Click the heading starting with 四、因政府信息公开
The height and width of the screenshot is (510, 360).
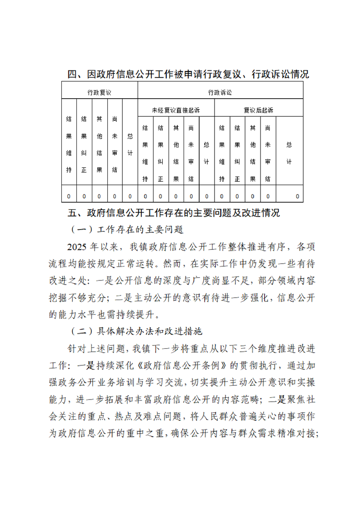[x=188, y=75]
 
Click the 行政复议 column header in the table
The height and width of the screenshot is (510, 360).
[x=100, y=92]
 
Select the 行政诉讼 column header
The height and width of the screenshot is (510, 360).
[x=220, y=92]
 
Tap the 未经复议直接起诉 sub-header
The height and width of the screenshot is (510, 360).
[x=175, y=110]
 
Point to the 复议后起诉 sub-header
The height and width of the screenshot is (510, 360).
[x=258, y=110]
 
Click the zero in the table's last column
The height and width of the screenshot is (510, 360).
[x=297, y=196]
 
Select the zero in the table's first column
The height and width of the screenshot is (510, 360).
[x=69, y=196]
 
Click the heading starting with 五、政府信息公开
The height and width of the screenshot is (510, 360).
[x=173, y=212]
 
